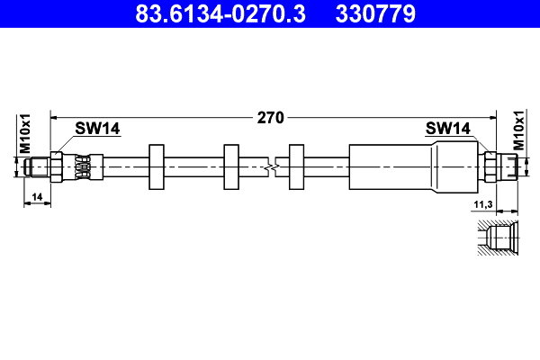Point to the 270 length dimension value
click(271, 117)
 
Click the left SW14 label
click(97, 129)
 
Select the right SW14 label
click(448, 129)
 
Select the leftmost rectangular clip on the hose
click(155, 166)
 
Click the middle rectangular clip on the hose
click(231, 166)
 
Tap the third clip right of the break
click(297, 166)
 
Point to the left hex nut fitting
click(58, 166)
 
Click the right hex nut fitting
click(490, 166)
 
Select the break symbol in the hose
click(272, 166)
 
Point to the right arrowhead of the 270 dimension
click(493, 117)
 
